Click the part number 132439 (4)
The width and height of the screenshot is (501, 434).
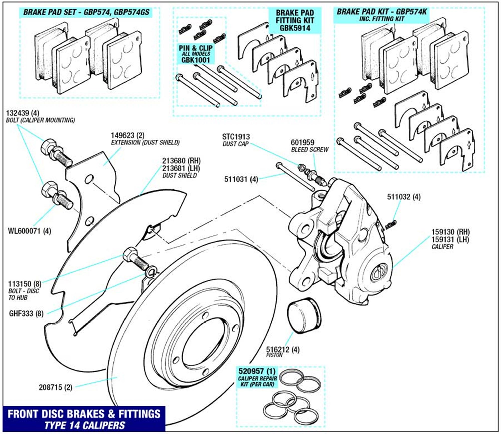click(22, 113)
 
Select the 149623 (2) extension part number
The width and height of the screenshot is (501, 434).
click(128, 135)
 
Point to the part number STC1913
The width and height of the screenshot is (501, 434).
click(236, 137)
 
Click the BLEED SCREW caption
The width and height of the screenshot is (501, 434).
click(309, 150)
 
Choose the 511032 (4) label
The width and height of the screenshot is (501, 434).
click(404, 197)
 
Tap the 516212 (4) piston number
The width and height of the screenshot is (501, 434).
click(283, 349)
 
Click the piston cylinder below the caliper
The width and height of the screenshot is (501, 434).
click(304, 317)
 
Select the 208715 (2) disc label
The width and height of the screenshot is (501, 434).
click(55, 387)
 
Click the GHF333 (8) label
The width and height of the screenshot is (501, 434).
click(26, 313)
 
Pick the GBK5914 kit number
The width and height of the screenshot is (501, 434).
click(295, 28)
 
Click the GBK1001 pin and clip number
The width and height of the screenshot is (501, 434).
click(195, 60)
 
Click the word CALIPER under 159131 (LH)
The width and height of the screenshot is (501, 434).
click(442, 247)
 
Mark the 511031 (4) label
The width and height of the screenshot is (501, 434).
click(241, 179)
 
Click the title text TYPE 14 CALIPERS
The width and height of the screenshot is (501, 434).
click(84, 425)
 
